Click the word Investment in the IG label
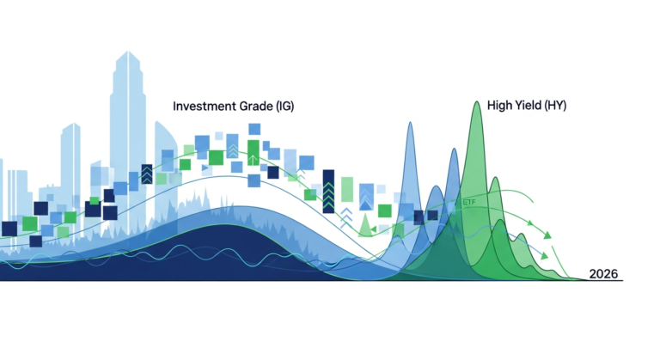tap(204, 107)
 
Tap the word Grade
tap(255, 107)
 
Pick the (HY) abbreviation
tap(556, 106)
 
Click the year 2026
tap(604, 274)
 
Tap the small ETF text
tap(469, 202)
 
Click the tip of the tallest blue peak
tap(410, 122)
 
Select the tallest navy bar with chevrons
tap(327, 189)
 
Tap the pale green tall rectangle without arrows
tap(346, 190)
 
